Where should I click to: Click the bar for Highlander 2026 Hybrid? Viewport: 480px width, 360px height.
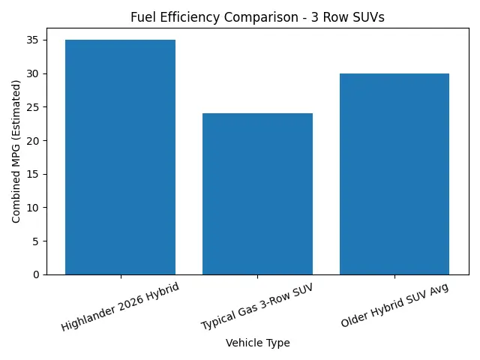(120, 157)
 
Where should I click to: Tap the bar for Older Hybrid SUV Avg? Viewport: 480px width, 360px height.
(394, 174)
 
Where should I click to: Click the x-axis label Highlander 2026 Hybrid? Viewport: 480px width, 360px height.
(120, 306)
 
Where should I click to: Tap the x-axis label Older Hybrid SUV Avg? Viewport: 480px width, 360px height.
(394, 306)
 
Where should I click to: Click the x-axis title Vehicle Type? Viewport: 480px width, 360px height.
(257, 343)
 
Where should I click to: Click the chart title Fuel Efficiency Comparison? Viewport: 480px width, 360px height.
(257, 17)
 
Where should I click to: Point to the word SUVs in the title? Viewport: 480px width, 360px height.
(369, 17)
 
